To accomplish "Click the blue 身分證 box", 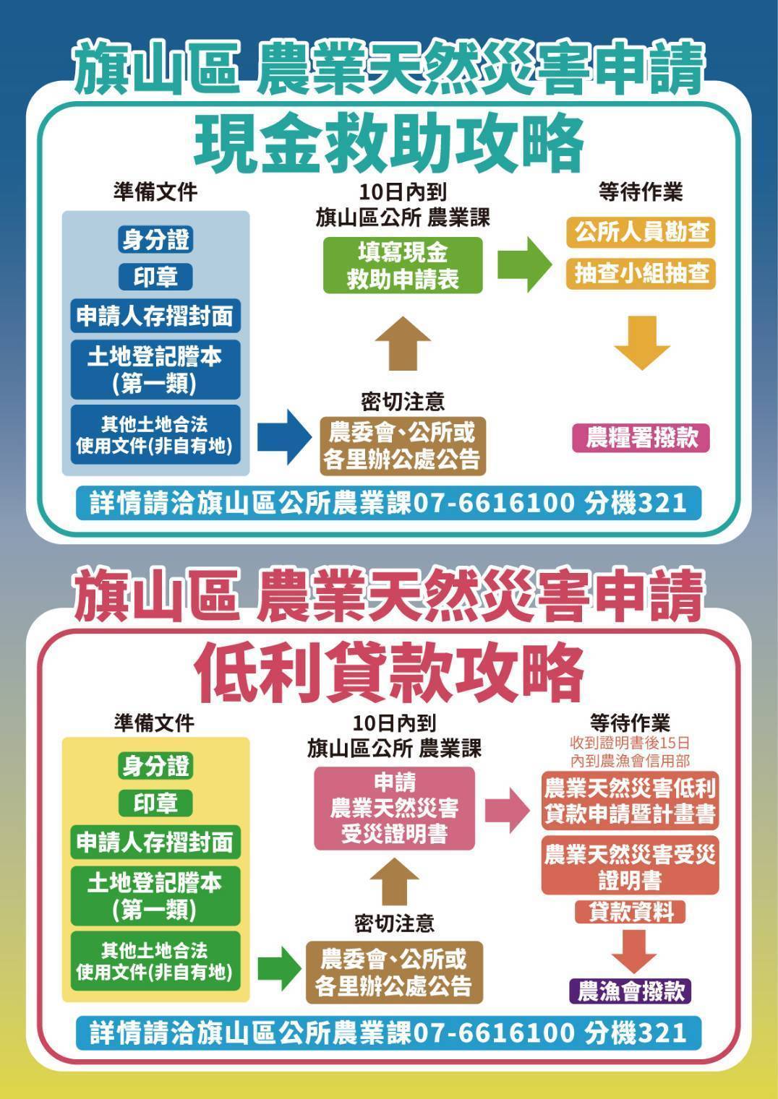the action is point(155,240).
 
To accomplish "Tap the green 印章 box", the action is point(155,803).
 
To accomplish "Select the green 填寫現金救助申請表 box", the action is point(403,265).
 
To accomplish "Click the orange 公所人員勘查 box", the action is point(641,232).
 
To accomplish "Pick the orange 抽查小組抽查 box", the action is point(641,273).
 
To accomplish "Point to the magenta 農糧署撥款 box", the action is point(641,438).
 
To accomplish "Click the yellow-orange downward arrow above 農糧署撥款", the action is point(641,343).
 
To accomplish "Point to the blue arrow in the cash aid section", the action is point(285,437).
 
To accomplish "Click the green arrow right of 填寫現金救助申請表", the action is point(525,264).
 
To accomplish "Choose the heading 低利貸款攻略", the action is point(389,673).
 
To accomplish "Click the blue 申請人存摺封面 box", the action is point(155,316).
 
